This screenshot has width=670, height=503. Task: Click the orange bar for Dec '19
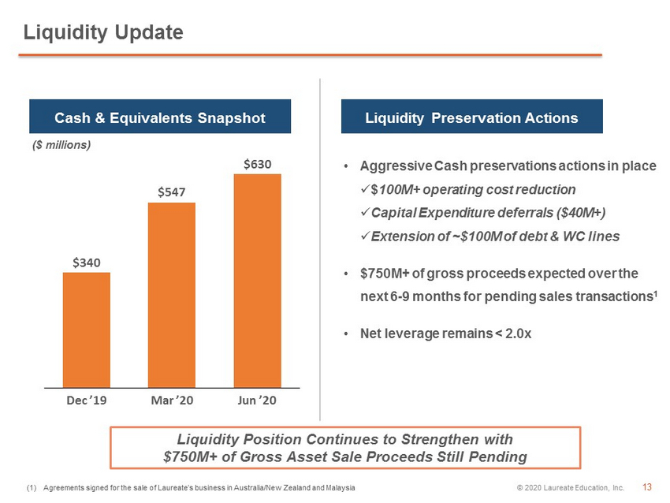(87, 330)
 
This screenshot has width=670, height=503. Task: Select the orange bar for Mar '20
(172, 296)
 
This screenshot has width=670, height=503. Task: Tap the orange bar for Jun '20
(257, 281)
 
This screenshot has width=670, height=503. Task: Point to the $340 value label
(87, 263)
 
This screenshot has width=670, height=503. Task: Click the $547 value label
(172, 192)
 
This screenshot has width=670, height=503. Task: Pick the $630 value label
(257, 164)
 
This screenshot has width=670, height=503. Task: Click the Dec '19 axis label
(87, 400)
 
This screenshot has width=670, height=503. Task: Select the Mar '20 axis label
(172, 400)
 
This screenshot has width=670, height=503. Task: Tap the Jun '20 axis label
(257, 400)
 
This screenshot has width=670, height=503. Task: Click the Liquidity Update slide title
(103, 33)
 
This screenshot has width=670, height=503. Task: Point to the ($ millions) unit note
(61, 145)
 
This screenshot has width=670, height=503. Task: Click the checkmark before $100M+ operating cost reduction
(365, 188)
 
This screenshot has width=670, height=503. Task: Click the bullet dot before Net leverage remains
(346, 333)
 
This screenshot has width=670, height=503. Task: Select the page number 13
(647, 487)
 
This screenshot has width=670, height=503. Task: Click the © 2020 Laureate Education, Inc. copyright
(571, 487)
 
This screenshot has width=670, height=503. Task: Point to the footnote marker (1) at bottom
(32, 487)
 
